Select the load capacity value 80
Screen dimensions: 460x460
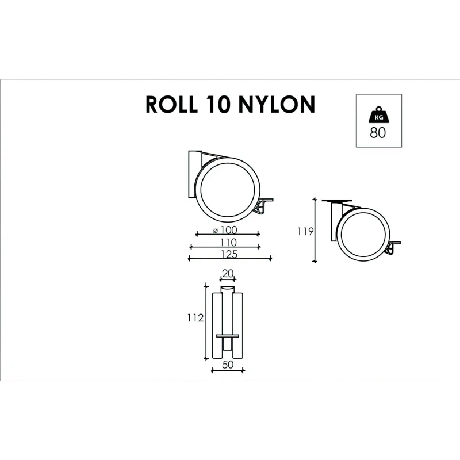378,133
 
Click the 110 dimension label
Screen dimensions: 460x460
229,241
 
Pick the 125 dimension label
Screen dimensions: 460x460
229,254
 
